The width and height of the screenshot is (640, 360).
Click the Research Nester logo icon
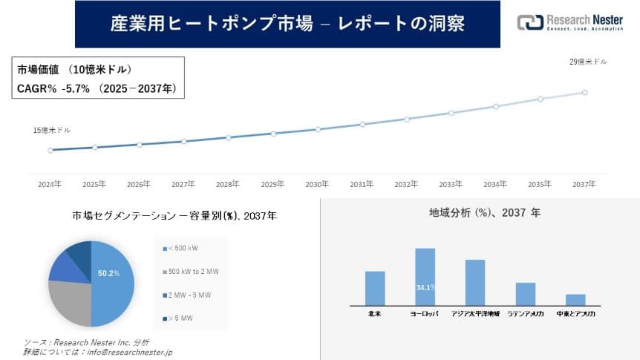click(x=529, y=23)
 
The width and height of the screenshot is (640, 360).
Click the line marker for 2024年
click(x=50, y=150)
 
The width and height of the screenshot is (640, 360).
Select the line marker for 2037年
click(x=585, y=92)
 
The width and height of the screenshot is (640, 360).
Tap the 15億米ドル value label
click(x=52, y=131)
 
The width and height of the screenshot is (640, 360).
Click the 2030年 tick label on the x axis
click(x=317, y=183)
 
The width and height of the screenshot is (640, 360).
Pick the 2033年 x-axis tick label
click(x=451, y=183)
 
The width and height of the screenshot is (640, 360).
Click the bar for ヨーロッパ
click(x=425, y=276)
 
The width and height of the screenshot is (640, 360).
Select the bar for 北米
click(x=375, y=287)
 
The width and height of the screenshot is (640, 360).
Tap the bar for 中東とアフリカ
click(x=575, y=299)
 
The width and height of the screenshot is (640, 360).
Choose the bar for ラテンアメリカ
click(x=526, y=293)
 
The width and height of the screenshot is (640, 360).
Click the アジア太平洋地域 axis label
click(x=475, y=315)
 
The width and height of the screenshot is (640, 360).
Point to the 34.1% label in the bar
click(x=425, y=287)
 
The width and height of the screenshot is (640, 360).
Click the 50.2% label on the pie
click(x=108, y=273)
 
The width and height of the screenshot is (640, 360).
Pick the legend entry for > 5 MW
click(x=180, y=319)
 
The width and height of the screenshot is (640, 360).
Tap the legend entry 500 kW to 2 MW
click(x=190, y=271)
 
